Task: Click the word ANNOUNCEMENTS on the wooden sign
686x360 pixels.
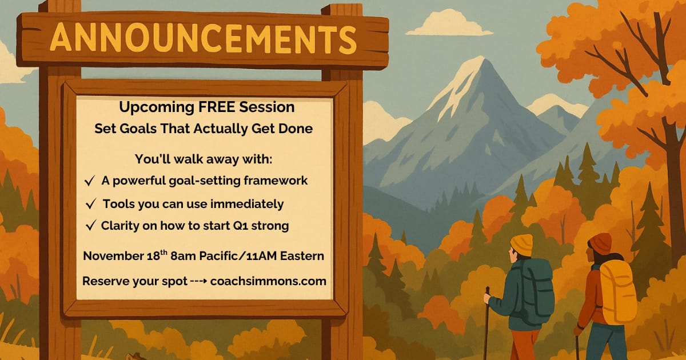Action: click(203, 38)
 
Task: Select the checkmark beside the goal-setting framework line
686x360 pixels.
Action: click(89, 181)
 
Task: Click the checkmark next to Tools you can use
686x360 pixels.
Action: click(91, 204)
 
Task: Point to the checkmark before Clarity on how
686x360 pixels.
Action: click(91, 226)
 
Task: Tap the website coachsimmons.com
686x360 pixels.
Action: click(268, 281)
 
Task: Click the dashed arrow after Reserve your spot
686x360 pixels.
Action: click(199, 281)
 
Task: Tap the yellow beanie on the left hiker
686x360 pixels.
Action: click(521, 245)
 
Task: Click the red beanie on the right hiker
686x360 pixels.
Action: click(600, 243)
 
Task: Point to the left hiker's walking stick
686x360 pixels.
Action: click(486, 323)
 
